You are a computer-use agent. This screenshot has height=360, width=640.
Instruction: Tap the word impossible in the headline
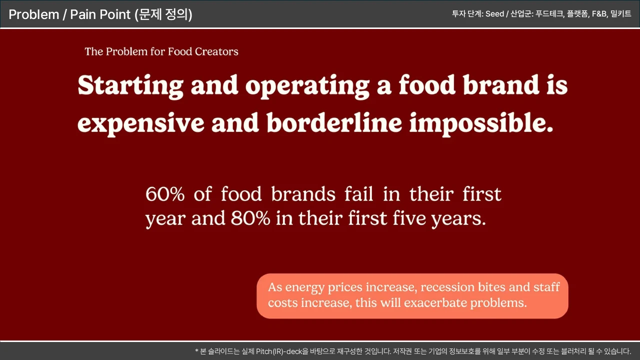tap(481, 124)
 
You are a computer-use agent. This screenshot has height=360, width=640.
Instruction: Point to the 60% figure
tap(165, 194)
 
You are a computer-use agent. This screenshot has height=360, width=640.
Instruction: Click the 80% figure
tap(250, 218)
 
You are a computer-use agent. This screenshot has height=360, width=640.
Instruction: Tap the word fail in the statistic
tap(358, 193)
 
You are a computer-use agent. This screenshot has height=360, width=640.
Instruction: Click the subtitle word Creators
tap(216, 51)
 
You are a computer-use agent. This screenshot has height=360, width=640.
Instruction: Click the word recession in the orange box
tap(447, 287)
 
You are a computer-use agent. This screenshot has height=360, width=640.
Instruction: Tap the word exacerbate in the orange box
tap(435, 302)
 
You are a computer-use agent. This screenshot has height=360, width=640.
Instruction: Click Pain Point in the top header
tap(100, 14)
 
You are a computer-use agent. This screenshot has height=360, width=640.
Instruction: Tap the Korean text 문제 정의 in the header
tap(163, 14)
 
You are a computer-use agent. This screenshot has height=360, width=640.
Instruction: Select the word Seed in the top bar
tap(494, 13)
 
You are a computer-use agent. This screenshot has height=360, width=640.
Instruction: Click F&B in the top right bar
tap(599, 13)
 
